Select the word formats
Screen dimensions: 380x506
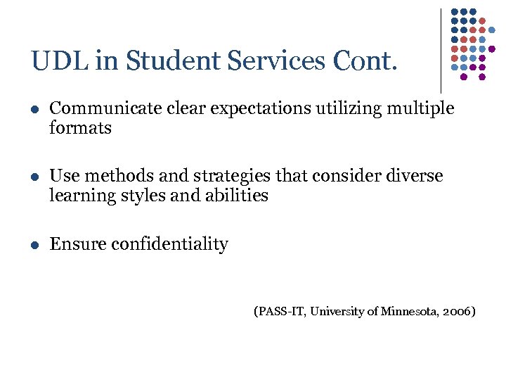click(x=80, y=128)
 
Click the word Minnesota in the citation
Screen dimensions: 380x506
click(x=406, y=311)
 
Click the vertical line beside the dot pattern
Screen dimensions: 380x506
click(x=441, y=49)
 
